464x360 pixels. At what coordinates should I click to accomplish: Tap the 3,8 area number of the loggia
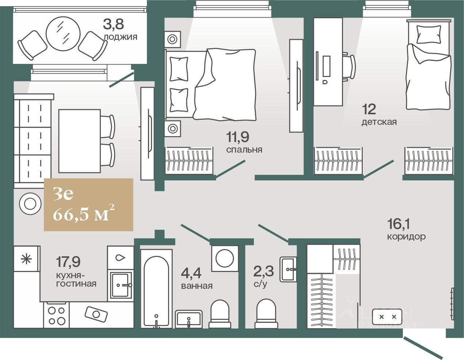[113, 24]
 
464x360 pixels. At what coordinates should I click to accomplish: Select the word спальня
[244, 150]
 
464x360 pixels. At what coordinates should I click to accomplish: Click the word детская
[379, 122]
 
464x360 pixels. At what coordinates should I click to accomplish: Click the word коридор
[406, 237]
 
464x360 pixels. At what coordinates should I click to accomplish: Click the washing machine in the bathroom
[224, 258]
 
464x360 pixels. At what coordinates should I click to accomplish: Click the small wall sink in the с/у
[288, 269]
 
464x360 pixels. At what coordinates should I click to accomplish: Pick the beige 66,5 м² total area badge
[88, 205]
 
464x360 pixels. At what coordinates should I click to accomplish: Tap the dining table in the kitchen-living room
[79, 141]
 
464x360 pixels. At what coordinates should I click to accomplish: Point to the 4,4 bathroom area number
[191, 272]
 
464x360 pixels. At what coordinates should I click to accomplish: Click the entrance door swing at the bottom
[424, 347]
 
